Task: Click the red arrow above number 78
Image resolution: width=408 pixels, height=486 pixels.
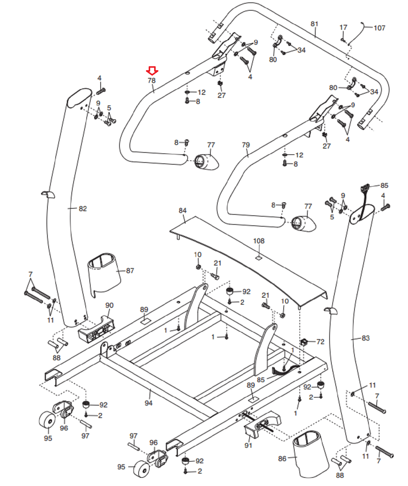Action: click(x=152, y=71)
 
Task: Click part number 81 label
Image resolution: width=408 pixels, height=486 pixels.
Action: click(x=314, y=24)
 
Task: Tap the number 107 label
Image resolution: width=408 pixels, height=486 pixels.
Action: click(x=379, y=28)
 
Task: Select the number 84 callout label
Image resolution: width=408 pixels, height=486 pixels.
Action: click(x=182, y=210)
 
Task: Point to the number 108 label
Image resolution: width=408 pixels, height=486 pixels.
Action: click(x=259, y=241)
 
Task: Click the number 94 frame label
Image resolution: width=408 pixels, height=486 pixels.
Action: click(x=148, y=403)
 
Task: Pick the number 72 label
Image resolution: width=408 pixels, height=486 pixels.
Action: click(x=320, y=342)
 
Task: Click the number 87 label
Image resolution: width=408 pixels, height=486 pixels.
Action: click(x=130, y=271)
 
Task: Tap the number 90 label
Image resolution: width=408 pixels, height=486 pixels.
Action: click(x=109, y=305)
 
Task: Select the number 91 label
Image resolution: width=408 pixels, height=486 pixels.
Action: click(x=248, y=445)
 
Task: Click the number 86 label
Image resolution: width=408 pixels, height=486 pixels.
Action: click(x=282, y=458)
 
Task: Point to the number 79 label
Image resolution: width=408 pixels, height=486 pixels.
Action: click(x=246, y=145)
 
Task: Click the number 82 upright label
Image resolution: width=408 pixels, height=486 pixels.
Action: click(x=83, y=209)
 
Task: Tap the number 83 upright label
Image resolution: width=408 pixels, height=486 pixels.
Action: click(x=365, y=338)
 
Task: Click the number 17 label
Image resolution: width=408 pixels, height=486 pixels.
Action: click(x=343, y=28)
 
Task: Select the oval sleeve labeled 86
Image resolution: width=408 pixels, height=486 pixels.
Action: click(x=310, y=454)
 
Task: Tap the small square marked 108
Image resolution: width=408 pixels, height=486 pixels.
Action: click(x=258, y=258)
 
